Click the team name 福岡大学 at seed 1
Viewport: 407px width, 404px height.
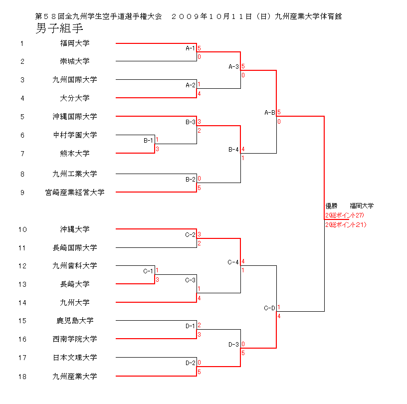pyautogui.click(x=75, y=43)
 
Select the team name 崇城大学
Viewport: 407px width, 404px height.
pyautogui.click(x=75, y=61)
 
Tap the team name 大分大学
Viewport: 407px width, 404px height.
pyautogui.click(x=75, y=98)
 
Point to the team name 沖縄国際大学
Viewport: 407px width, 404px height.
pyautogui.click(x=75, y=116)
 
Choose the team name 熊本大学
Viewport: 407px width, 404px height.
pyautogui.click(x=75, y=153)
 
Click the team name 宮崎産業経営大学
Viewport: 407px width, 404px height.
pyautogui.click(x=75, y=192)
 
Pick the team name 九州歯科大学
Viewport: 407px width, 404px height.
pyautogui.click(x=75, y=265)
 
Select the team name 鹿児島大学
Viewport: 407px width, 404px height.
pyautogui.click(x=75, y=320)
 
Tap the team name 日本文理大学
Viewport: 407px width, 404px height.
pyautogui.click(x=75, y=357)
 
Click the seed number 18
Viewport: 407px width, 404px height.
pyautogui.click(x=22, y=376)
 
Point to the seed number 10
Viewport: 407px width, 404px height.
pyautogui.click(x=22, y=229)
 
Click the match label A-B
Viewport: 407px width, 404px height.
pyautogui.click(x=269, y=113)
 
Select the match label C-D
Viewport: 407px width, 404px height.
pyautogui.click(x=269, y=308)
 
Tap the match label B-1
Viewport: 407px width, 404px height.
pyautogui.click(x=148, y=140)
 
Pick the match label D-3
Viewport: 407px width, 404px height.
pyautogui.click(x=233, y=344)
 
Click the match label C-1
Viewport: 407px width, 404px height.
pyautogui.click(x=148, y=271)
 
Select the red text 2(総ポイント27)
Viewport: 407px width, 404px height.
pyautogui.click(x=345, y=215)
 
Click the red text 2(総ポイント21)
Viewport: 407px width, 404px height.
pyautogui.click(x=346, y=224)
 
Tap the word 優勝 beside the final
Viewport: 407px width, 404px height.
pyautogui.click(x=331, y=205)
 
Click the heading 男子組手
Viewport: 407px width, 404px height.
pyautogui.click(x=59, y=28)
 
